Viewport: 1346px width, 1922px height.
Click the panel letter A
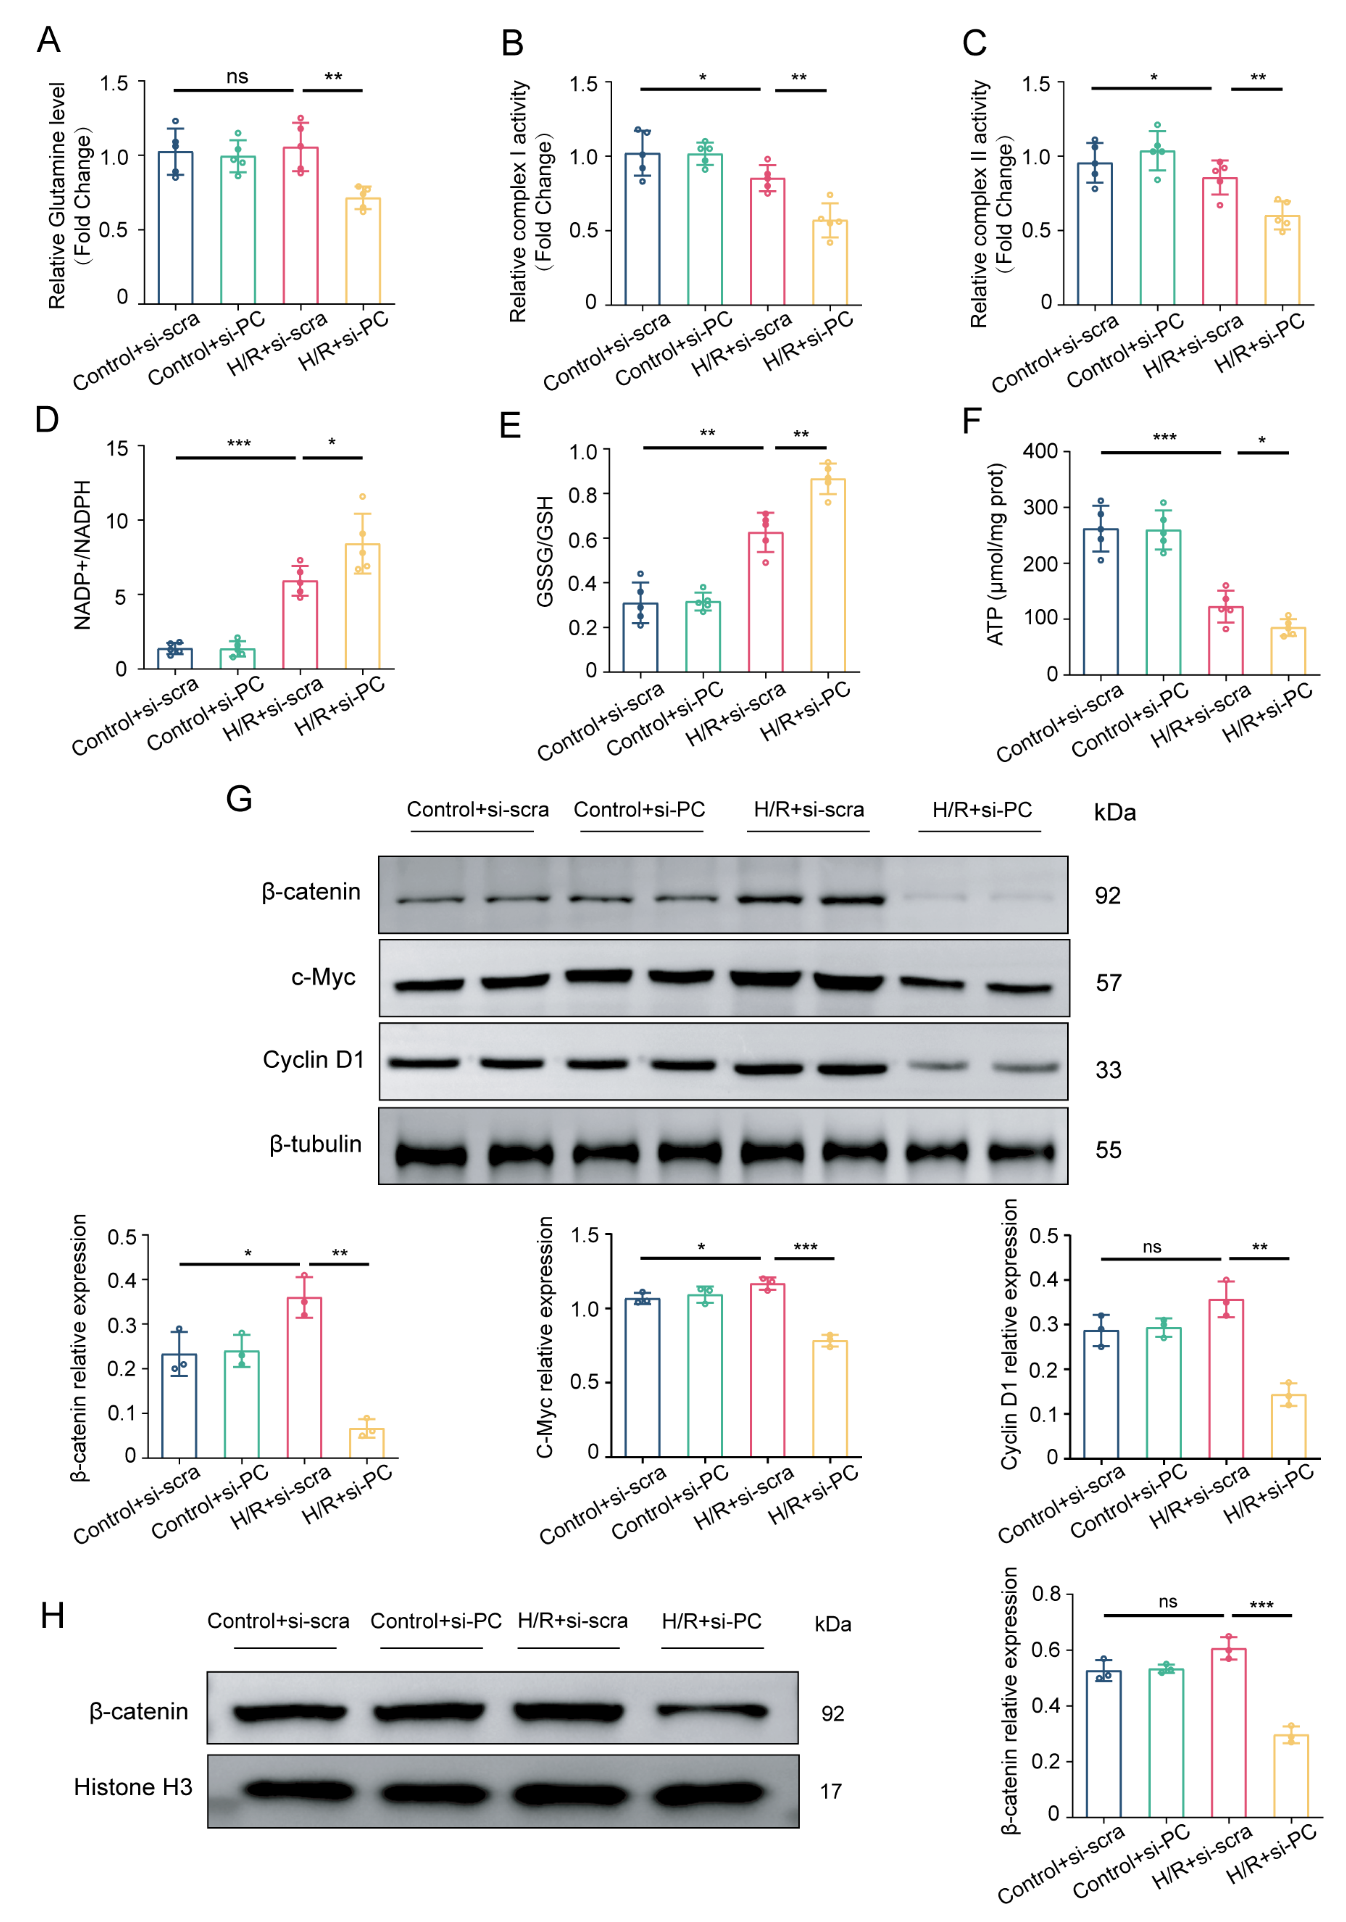[48, 39]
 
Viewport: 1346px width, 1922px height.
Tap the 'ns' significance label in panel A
[237, 77]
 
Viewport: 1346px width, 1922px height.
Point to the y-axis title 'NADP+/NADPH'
[82, 555]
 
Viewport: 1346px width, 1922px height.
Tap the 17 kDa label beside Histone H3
[830, 1791]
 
